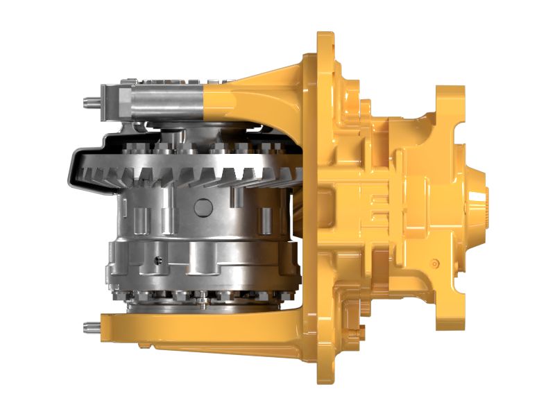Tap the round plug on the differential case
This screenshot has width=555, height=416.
202,207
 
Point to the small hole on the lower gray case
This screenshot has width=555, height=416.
159,261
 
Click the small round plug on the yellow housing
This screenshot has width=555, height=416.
434,263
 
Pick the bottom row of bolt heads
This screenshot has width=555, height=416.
201,299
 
